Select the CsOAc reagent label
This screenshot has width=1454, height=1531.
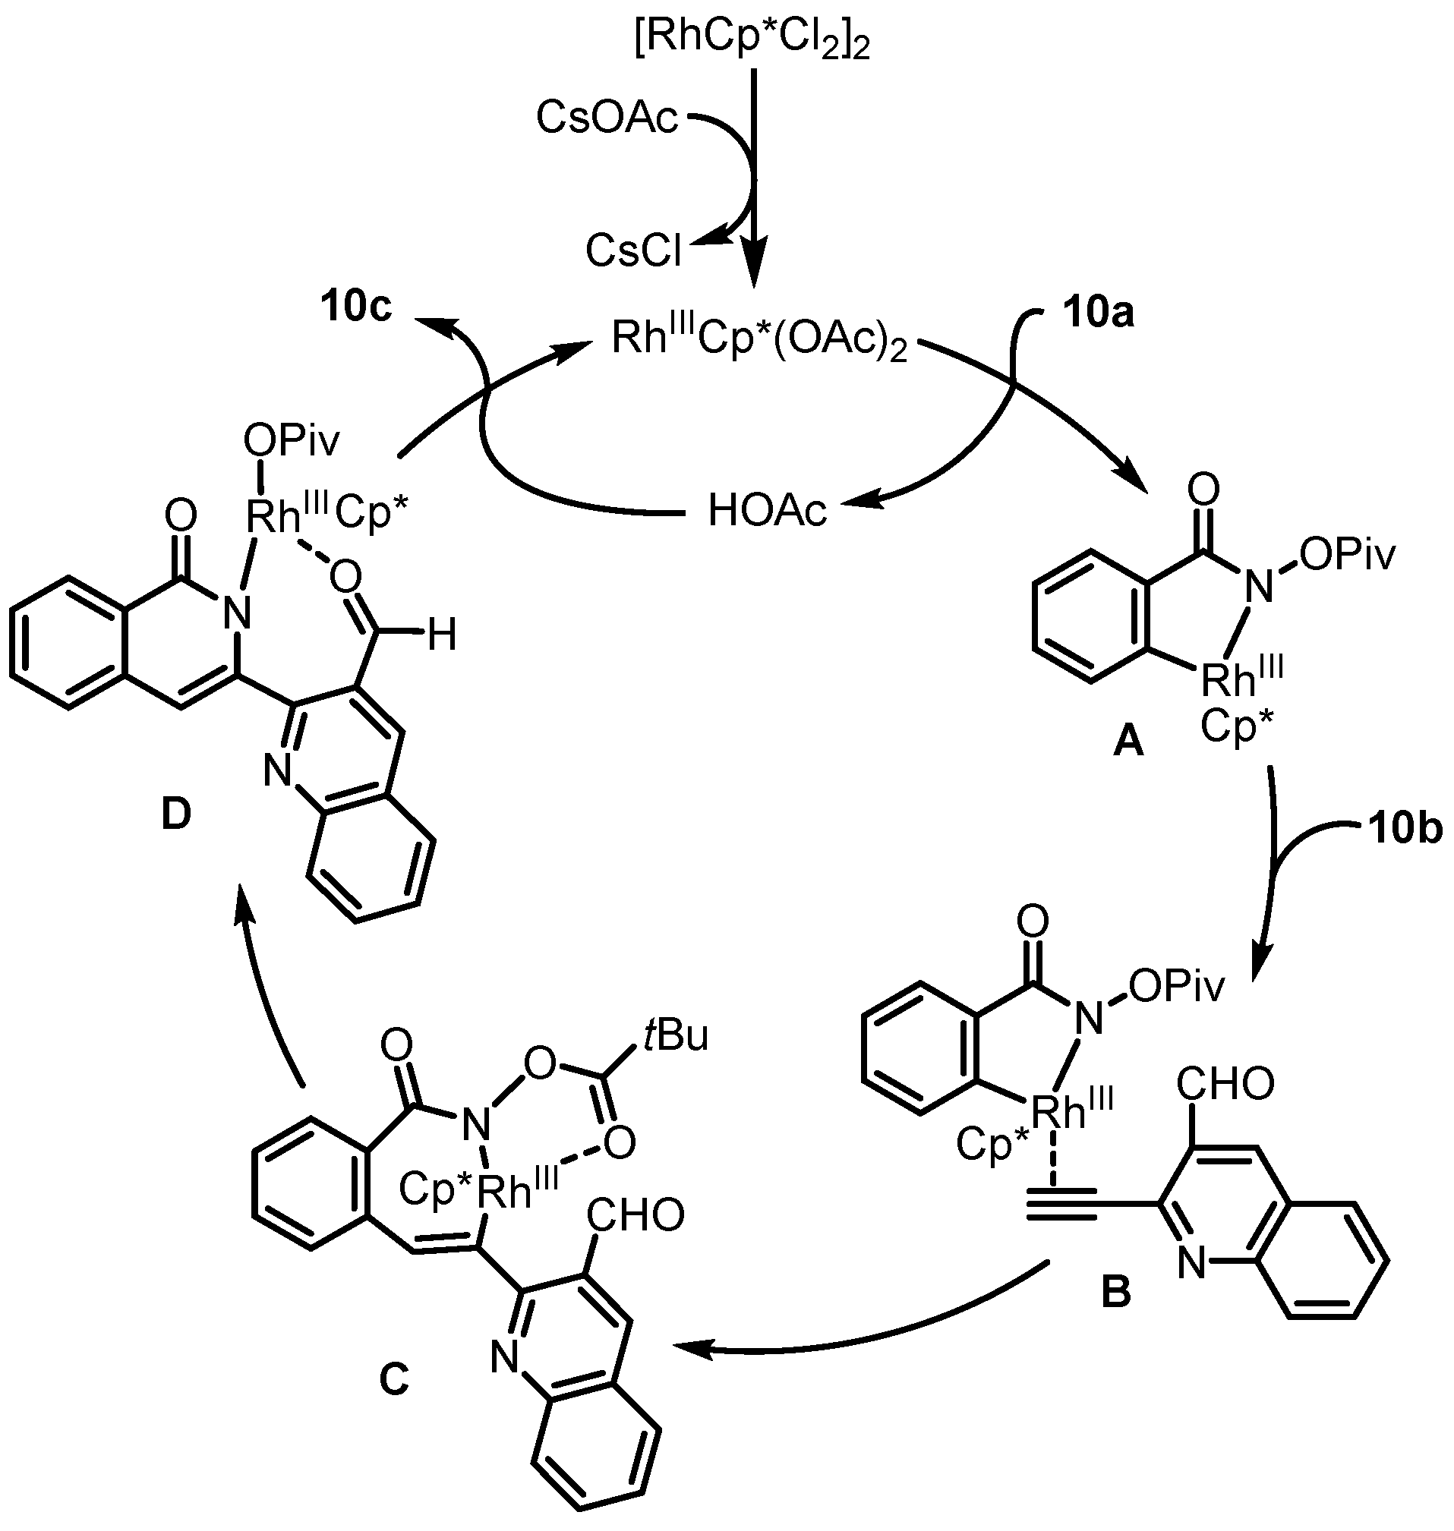click(x=607, y=119)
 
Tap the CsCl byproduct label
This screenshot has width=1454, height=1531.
click(x=634, y=250)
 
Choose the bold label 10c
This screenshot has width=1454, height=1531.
click(x=357, y=307)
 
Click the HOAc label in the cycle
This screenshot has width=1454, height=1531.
click(x=768, y=512)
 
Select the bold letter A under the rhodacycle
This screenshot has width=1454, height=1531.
click(x=1128, y=744)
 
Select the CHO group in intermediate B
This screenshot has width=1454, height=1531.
click(x=1225, y=1084)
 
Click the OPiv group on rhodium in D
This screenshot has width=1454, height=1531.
click(x=292, y=443)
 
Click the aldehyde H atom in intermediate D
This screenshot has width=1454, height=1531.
click(x=443, y=637)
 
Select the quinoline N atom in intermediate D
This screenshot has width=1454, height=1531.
click(x=277, y=771)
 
